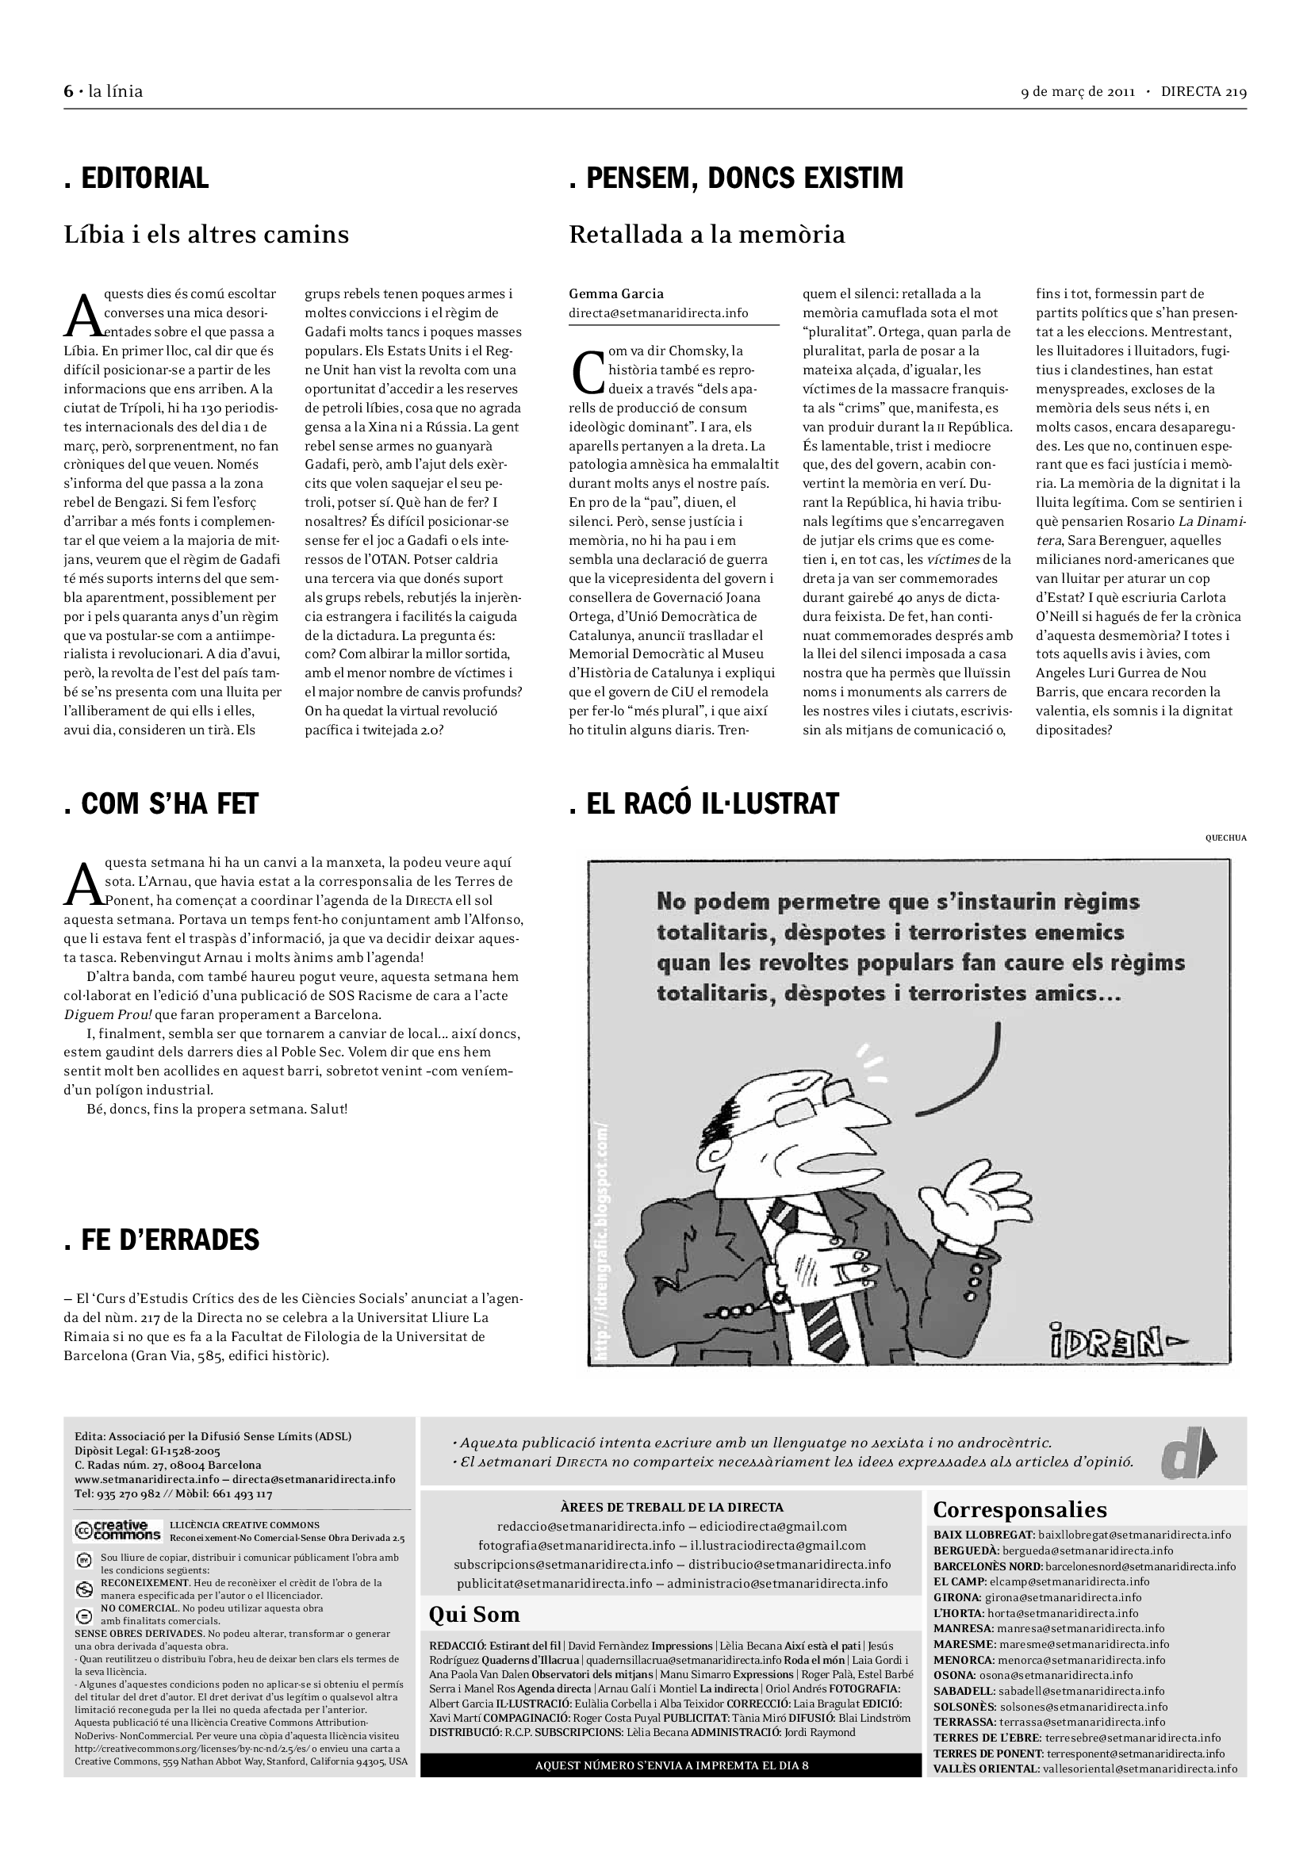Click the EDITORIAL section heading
click(x=136, y=178)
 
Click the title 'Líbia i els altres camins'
click(x=206, y=235)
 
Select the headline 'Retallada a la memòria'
click(x=707, y=235)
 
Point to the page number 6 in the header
click(x=68, y=91)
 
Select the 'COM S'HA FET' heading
click(x=161, y=805)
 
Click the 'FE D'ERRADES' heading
click(x=162, y=1240)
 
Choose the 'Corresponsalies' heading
click(x=1019, y=1509)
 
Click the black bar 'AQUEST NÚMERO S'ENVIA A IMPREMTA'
click(x=670, y=1765)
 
